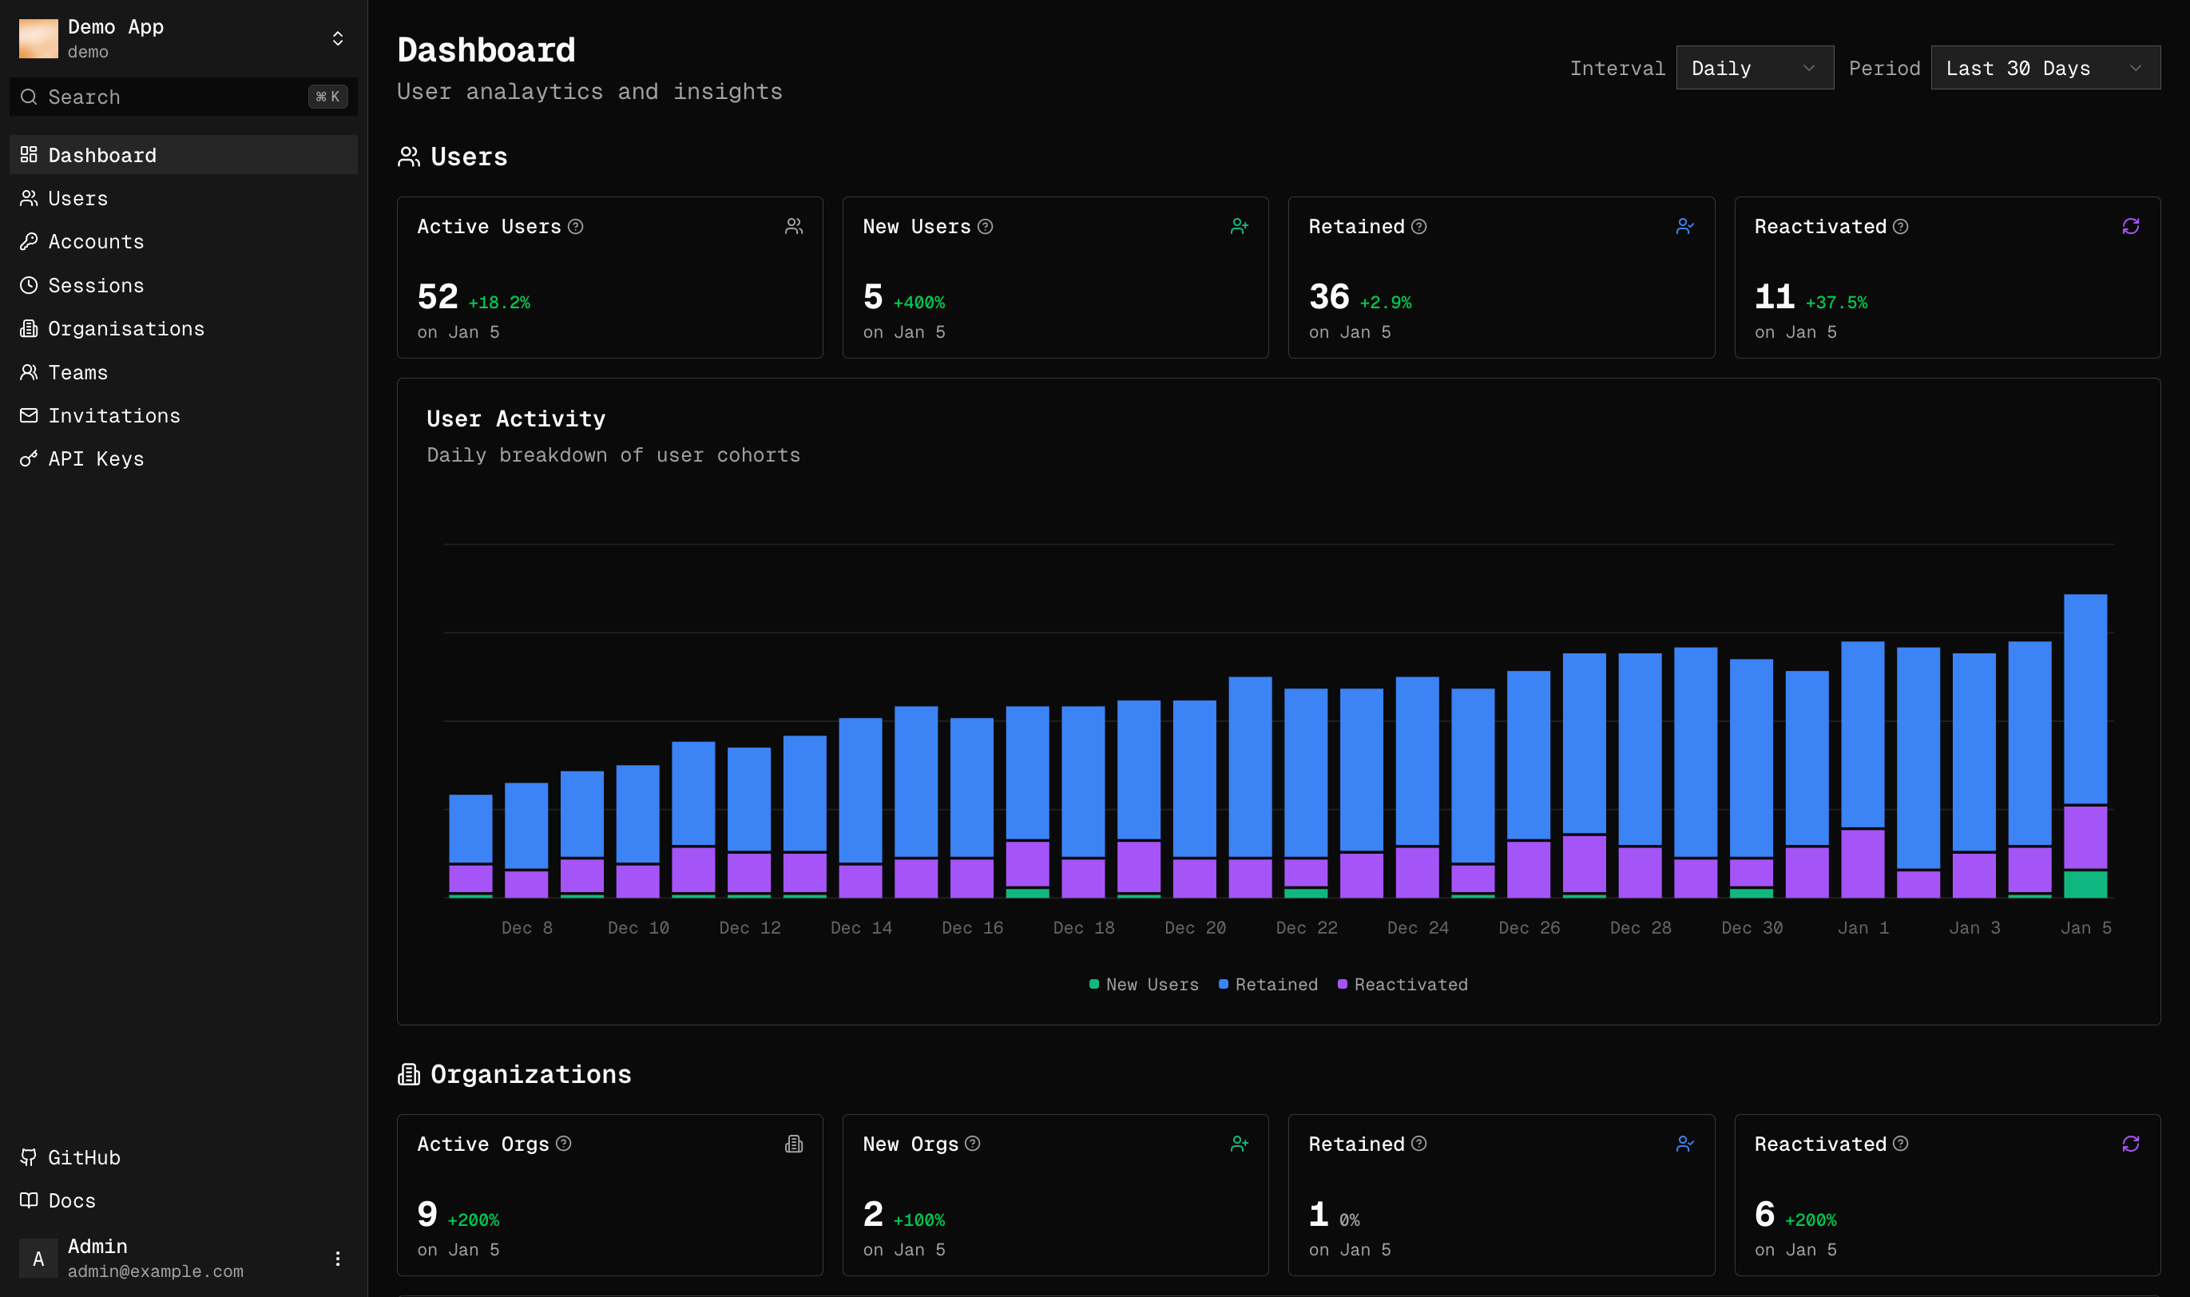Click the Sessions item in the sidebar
coord(95,286)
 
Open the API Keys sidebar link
coord(95,459)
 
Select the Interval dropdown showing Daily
coord(1753,68)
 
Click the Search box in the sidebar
coord(175,97)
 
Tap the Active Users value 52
coord(437,297)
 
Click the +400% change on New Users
coord(918,303)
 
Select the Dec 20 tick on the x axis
coord(1195,928)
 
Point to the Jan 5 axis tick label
coord(2085,928)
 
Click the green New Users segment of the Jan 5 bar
coord(2085,884)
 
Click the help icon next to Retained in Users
coord(1419,228)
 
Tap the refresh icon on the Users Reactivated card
coord(2130,228)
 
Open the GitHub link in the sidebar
coord(83,1157)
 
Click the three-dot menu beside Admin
coord(337,1259)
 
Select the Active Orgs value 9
coord(427,1215)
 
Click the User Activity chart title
coord(516,418)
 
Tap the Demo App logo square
coord(38,38)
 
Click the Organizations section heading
coord(530,1074)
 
